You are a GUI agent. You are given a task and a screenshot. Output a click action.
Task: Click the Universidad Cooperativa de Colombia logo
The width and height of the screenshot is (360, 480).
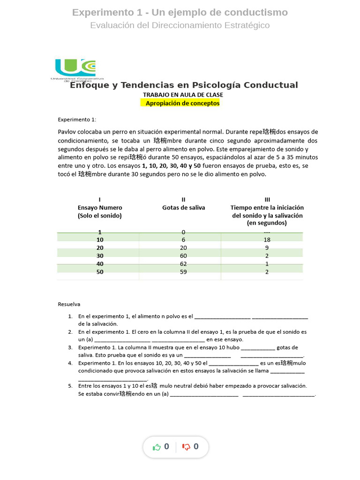[x=75, y=70]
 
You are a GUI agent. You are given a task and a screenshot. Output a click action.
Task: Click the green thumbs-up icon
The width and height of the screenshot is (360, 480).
[x=157, y=447]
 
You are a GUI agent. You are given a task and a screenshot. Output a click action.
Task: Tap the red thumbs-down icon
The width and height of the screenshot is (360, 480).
[x=186, y=447]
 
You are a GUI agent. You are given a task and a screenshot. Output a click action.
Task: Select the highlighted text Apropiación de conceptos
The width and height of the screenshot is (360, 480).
[x=182, y=103]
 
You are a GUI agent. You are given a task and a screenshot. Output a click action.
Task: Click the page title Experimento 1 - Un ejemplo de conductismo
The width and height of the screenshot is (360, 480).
[x=180, y=12]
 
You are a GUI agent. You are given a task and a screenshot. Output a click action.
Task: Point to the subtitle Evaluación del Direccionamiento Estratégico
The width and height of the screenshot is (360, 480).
[x=180, y=25]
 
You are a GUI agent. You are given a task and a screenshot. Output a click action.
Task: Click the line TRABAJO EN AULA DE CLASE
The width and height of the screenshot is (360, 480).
[x=183, y=95]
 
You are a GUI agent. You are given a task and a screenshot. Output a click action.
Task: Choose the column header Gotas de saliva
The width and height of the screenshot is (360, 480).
[x=183, y=207]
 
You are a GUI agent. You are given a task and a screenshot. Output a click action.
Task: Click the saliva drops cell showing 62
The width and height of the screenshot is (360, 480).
[x=183, y=264]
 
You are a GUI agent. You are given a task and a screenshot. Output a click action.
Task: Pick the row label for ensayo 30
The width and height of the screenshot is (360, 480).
[x=100, y=256]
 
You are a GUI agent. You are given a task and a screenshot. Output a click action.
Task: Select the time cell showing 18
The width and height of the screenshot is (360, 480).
[x=267, y=240]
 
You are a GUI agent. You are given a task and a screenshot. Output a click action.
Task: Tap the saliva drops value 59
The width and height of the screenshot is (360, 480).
[x=183, y=271]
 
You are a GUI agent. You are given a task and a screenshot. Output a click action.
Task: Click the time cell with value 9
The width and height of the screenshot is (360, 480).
[x=267, y=247]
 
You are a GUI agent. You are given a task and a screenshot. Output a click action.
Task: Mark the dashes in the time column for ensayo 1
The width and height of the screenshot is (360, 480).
[x=267, y=232]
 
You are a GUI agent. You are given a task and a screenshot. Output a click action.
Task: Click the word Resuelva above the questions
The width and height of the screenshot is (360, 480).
[x=69, y=304]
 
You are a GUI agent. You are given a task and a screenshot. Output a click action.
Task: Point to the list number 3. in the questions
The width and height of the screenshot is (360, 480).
[x=70, y=347]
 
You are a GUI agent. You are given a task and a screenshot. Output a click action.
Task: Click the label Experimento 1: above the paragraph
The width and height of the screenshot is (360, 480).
[x=77, y=120]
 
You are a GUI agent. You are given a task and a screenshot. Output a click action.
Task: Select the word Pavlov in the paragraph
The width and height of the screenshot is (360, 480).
[x=67, y=132]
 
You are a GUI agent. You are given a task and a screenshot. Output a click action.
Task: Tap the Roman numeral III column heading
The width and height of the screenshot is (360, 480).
[x=267, y=199]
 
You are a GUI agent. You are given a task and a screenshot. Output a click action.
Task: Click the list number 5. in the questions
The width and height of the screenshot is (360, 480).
[x=70, y=386]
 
